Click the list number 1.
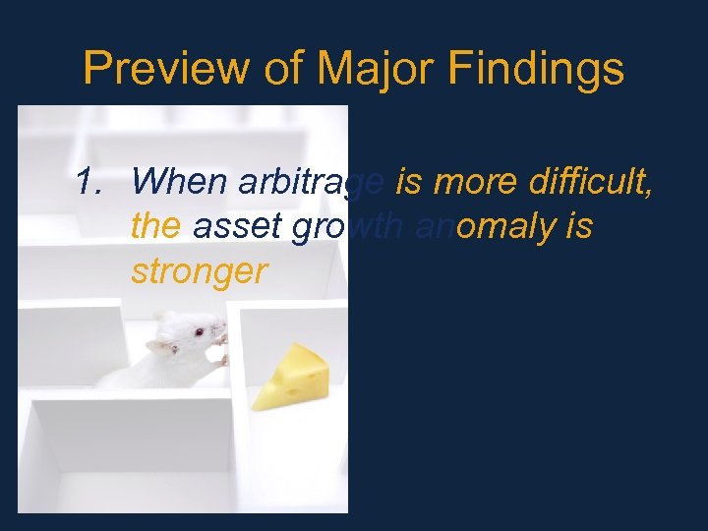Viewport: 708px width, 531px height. click(x=90, y=182)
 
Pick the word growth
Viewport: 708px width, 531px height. click(x=342, y=228)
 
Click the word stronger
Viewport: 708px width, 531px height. click(x=199, y=272)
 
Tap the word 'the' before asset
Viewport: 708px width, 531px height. click(x=155, y=227)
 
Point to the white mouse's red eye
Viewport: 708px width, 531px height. click(x=199, y=331)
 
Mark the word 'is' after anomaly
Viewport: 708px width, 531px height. click(x=579, y=227)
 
